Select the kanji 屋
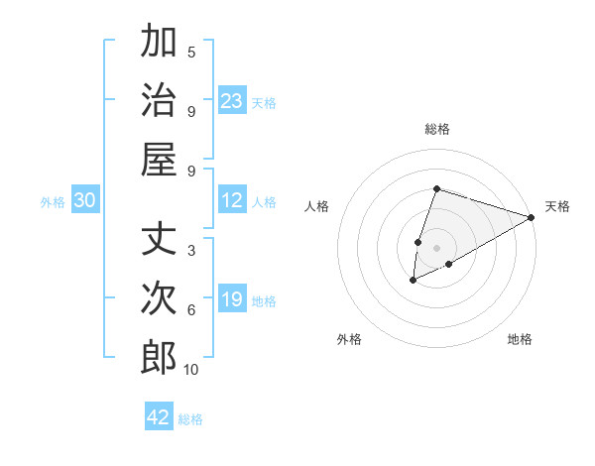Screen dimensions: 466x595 click(159, 159)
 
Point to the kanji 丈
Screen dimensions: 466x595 click(159, 239)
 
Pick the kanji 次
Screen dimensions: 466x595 click(159, 297)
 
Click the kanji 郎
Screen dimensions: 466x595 click(159, 357)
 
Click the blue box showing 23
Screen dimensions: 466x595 click(232, 100)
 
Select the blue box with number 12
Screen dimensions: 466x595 click(232, 200)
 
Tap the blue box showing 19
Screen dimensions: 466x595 click(232, 299)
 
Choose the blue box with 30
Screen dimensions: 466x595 click(84, 200)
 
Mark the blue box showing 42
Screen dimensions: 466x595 click(159, 417)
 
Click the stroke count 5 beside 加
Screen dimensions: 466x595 click(191, 53)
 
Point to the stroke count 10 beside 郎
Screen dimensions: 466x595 click(191, 370)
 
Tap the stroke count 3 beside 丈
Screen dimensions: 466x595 click(191, 251)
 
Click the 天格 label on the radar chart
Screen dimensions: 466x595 click(557, 206)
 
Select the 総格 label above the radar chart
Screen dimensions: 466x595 click(437, 129)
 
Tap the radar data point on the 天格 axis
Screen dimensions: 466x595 click(533, 217)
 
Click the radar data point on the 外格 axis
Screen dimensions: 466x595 click(414, 282)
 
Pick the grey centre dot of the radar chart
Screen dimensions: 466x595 click(437, 247)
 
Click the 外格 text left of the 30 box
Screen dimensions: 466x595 click(53, 201)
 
